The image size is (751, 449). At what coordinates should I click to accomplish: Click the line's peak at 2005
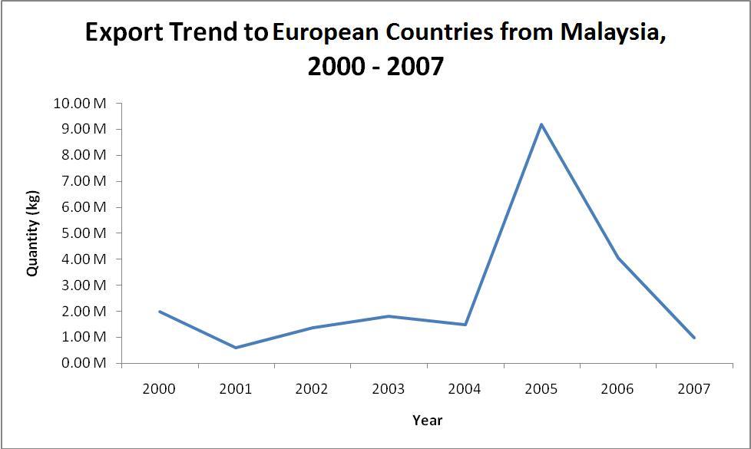click(541, 124)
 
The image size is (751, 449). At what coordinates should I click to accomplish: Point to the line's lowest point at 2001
click(236, 348)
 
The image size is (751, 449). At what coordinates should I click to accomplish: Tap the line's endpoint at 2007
click(694, 338)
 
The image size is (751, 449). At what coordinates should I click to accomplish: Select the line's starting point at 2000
click(160, 312)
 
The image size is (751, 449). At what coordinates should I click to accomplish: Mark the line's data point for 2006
click(618, 258)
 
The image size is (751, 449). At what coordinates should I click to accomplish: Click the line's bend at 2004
click(465, 325)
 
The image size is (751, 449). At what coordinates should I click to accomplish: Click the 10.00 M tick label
click(79, 103)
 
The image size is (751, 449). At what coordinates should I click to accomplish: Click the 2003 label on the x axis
click(389, 389)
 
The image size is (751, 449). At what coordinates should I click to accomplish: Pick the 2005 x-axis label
click(541, 389)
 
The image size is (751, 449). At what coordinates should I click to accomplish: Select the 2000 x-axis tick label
click(160, 389)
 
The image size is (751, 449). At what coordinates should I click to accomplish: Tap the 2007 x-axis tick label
click(694, 389)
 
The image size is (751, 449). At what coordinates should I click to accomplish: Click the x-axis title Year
click(427, 420)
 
